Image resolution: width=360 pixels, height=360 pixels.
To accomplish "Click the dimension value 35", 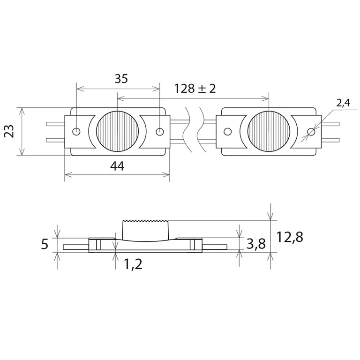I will [x=121, y=79].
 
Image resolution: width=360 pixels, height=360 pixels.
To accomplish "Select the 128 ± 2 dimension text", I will [x=195, y=89].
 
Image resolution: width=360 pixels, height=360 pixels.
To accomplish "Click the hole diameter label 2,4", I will [x=343, y=104].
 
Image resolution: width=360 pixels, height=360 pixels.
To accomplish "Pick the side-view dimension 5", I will [x=45, y=244].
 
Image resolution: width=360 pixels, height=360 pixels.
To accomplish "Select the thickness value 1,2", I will [x=133, y=265].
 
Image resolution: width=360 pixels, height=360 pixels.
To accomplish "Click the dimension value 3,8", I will [x=255, y=243].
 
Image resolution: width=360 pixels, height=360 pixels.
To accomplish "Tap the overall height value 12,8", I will [x=289, y=237].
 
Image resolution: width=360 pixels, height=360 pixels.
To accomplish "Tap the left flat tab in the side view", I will [x=75, y=246].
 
